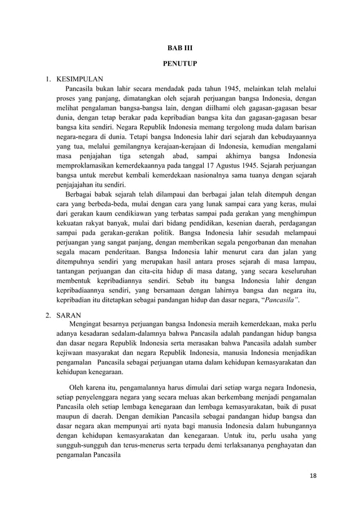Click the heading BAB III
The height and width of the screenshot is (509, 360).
point(179,49)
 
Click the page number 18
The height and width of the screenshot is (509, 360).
point(314,476)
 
